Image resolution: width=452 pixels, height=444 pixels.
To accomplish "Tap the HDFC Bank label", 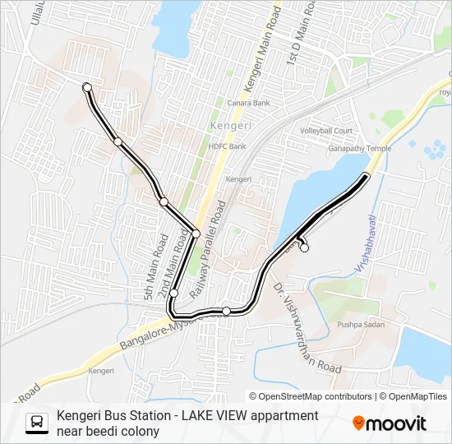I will click(x=228, y=146).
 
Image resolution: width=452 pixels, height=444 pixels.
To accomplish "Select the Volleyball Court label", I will click(x=325, y=132).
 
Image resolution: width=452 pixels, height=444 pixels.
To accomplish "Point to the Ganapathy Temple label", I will click(x=360, y=149).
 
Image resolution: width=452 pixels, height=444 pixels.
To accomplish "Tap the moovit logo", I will click(x=390, y=423).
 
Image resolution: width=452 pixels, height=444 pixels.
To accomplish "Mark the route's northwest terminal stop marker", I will click(x=87, y=86).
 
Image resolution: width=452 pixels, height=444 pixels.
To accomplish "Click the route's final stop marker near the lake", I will click(x=304, y=247).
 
